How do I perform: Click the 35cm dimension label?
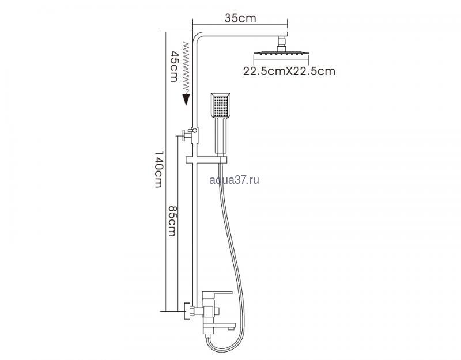point(240,18)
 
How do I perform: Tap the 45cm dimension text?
point(175,66)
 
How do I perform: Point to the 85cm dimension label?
point(172,221)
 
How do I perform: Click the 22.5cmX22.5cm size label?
point(289,71)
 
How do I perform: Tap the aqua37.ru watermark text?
point(235,180)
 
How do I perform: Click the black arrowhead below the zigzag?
point(186,99)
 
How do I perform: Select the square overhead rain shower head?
point(281,53)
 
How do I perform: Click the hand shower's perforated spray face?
point(221,106)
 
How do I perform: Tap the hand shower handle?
point(221,136)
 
